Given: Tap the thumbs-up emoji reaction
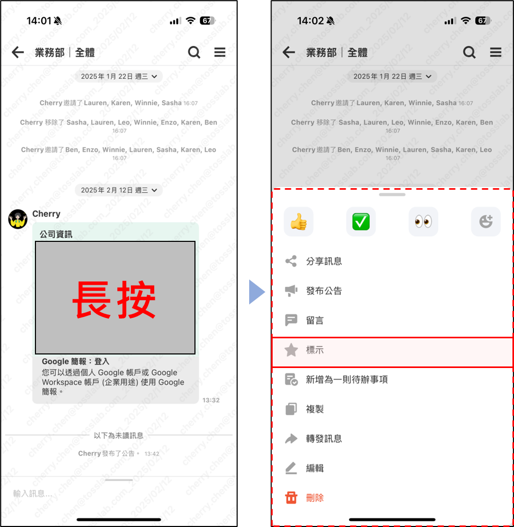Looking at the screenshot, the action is coord(299,222).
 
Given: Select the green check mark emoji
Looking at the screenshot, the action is coord(361,222).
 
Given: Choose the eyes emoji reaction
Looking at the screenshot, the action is coord(423,222).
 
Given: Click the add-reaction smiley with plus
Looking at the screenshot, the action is coord(486,222).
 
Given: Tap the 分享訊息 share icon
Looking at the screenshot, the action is coord(291,261).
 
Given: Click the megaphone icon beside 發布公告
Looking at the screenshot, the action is coord(291,291).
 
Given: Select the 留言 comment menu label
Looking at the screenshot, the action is coord(315,320).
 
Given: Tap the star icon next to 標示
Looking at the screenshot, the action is coord(291,350).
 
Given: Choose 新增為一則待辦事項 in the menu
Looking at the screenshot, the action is coord(347,379).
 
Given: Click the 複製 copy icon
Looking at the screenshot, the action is coord(291,409).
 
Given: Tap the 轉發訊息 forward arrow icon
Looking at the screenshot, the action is coord(291,438).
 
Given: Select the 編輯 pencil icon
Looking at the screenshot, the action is coord(291,468).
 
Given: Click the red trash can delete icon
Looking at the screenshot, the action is coord(291,497).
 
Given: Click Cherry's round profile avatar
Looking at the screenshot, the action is coord(18,219).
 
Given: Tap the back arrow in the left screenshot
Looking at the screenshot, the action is coord(18,52).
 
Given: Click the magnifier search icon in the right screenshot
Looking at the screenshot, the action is coord(469,53).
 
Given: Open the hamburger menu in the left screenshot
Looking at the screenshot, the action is coord(220,52).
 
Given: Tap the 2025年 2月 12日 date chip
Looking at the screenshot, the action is coord(119,190).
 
